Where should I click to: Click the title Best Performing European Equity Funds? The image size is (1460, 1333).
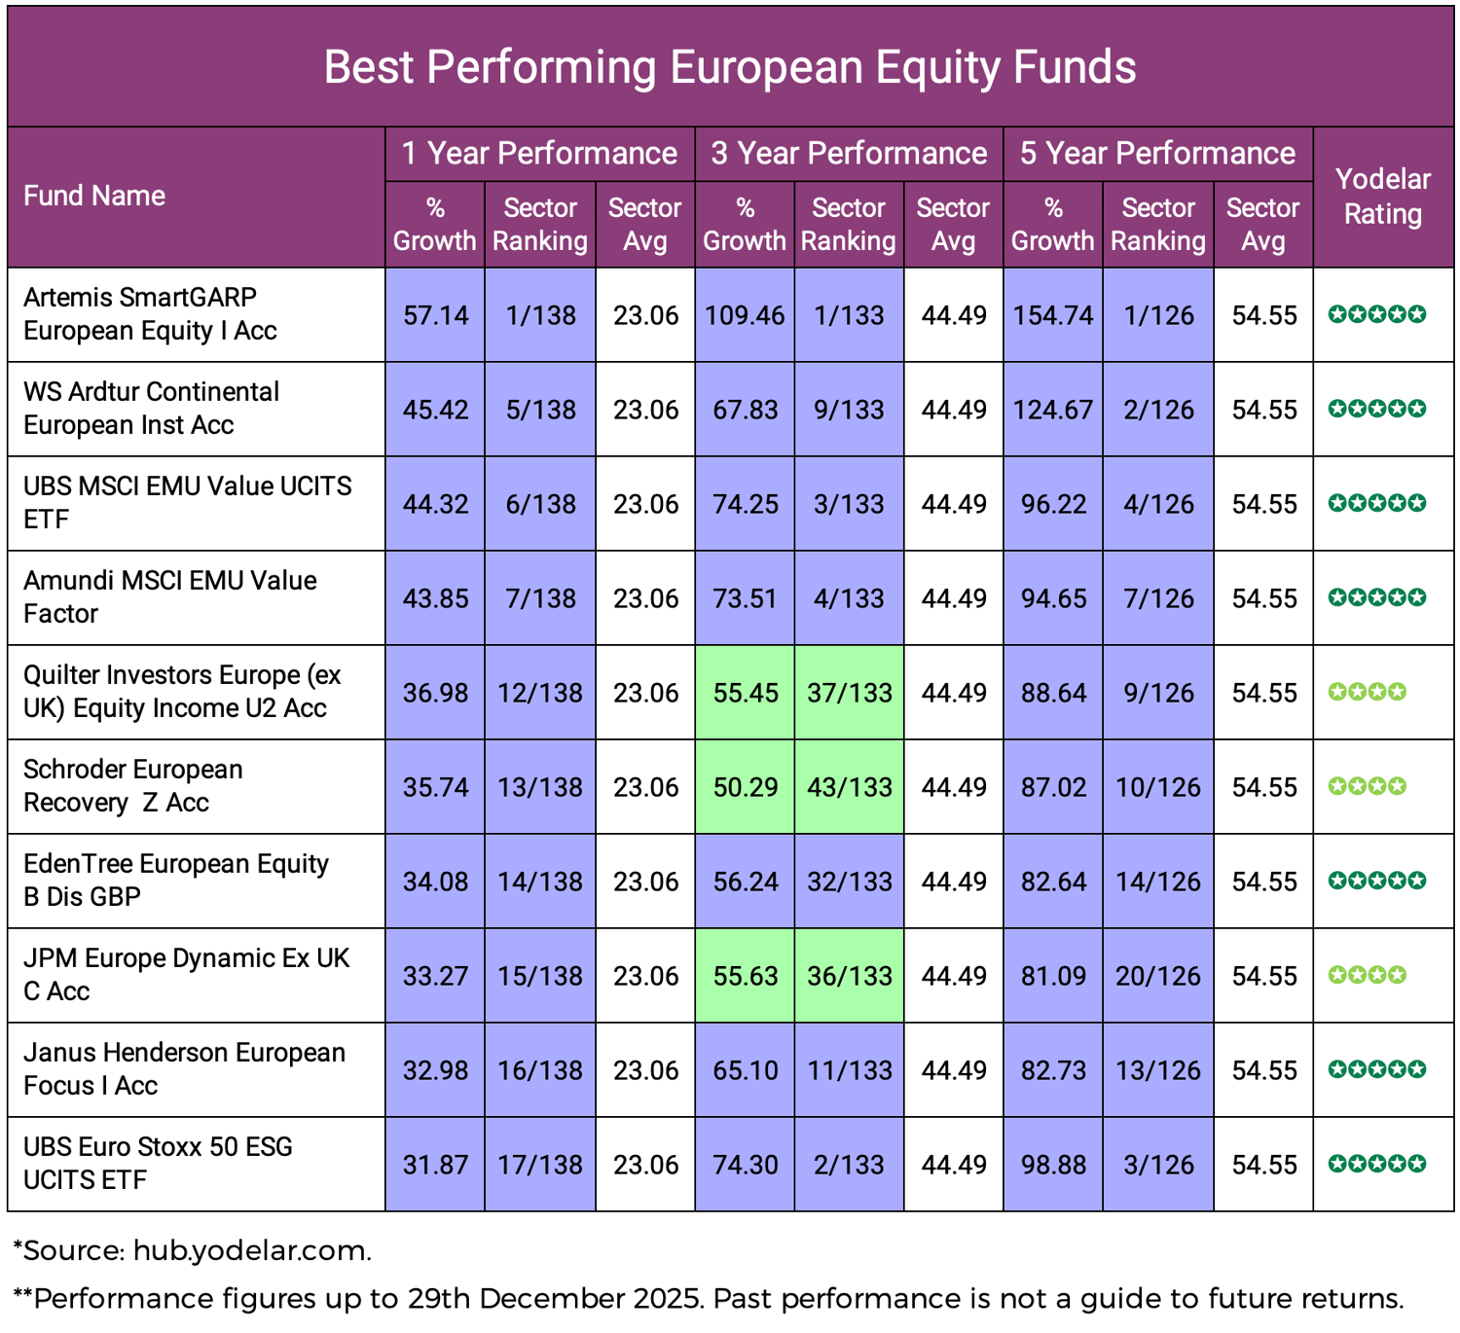click(x=729, y=67)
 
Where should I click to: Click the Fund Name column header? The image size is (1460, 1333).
click(x=94, y=196)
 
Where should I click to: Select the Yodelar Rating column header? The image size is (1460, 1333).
click(x=1382, y=197)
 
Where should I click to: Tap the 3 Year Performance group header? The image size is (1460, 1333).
click(x=849, y=154)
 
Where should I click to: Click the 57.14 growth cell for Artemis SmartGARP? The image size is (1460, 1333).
click(x=435, y=315)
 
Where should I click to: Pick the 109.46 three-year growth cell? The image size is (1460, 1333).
click(x=745, y=315)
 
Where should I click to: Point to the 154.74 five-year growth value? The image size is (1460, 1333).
click(x=1053, y=315)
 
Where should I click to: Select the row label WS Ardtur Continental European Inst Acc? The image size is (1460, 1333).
click(x=151, y=409)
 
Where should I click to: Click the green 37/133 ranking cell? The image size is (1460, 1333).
click(x=849, y=693)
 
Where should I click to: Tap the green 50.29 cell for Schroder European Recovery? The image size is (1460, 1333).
click(x=745, y=787)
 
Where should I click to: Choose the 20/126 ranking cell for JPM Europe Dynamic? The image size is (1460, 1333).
click(x=1157, y=976)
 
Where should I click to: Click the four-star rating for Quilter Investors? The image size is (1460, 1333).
click(x=1368, y=692)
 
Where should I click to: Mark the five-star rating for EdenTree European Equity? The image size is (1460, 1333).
click(x=1377, y=881)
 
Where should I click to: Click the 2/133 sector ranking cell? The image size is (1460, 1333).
click(x=849, y=1165)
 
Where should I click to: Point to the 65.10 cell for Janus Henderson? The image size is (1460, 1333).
click(x=745, y=1070)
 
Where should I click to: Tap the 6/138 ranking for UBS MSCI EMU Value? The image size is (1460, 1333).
click(x=540, y=504)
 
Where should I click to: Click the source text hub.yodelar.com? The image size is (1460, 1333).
click(x=251, y=1250)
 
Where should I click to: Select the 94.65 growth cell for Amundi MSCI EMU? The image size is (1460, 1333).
click(x=1053, y=598)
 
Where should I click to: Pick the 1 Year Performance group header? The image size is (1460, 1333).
click(x=539, y=154)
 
